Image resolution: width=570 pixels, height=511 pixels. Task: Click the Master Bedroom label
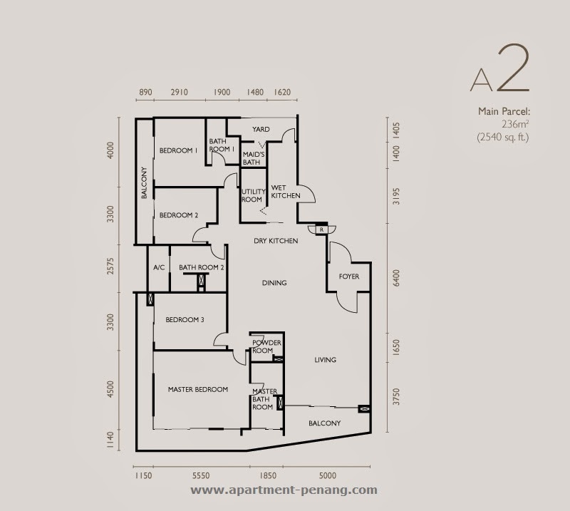coord(198,390)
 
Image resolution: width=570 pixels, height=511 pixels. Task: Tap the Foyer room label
coord(349,277)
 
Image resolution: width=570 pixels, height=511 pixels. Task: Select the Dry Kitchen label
coord(276,241)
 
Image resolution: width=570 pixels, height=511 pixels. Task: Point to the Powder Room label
coord(266,346)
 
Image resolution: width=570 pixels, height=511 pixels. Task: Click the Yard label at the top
coord(261,130)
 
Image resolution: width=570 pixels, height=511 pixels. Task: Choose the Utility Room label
coord(254,195)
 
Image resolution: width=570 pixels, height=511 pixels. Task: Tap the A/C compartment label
coord(159,268)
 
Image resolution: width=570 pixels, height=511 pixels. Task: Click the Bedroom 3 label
coord(185,320)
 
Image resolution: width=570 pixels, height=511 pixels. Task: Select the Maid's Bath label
coord(254,158)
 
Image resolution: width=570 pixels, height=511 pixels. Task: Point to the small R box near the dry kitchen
coord(322,230)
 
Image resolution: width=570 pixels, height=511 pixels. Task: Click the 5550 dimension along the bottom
coord(201,475)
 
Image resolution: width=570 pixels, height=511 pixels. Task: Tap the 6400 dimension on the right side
coord(396,278)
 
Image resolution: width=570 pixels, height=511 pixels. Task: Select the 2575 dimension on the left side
coord(110,267)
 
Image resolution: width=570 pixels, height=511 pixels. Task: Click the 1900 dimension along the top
coord(222,93)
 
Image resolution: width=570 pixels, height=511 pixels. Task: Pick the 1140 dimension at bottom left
coord(110,440)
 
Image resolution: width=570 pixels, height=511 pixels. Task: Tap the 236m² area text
coord(515,125)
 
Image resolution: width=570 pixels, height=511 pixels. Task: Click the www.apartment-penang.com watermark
coord(284,490)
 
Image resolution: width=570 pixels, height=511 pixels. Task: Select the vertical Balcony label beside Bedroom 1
coord(144,182)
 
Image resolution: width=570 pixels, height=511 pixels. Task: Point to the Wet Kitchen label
coord(286,192)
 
